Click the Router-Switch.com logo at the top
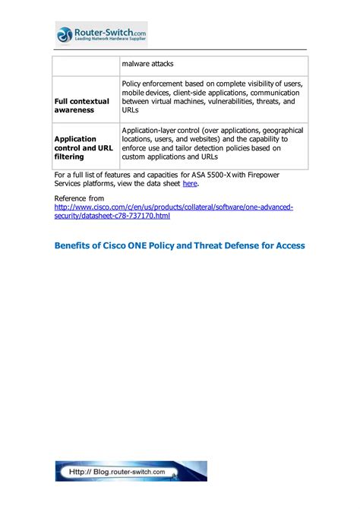pyautogui.click(x=100, y=34)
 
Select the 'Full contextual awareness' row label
pyautogui.click(x=81, y=106)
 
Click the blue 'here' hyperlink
pyautogui.click(x=190, y=183)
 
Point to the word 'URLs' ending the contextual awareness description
pyautogui.click(x=131, y=109)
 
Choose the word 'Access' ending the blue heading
pyautogui.click(x=288, y=246)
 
